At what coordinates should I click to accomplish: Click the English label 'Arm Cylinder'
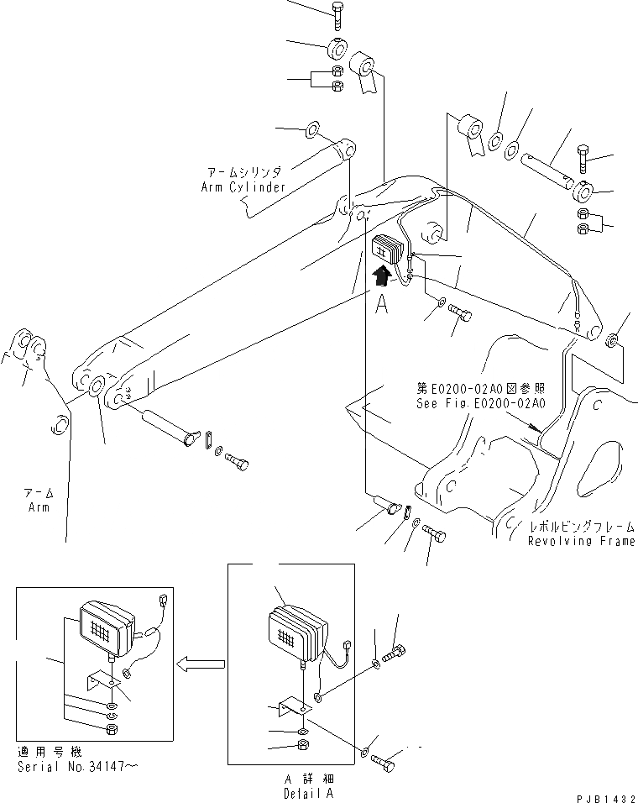point(243,186)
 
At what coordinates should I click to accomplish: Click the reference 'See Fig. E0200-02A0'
point(480,403)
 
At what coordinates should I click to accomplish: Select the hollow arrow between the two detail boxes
point(200,664)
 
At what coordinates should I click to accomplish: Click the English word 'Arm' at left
point(37,507)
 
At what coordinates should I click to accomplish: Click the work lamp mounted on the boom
point(388,249)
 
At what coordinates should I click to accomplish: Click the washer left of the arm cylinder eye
point(311,129)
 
